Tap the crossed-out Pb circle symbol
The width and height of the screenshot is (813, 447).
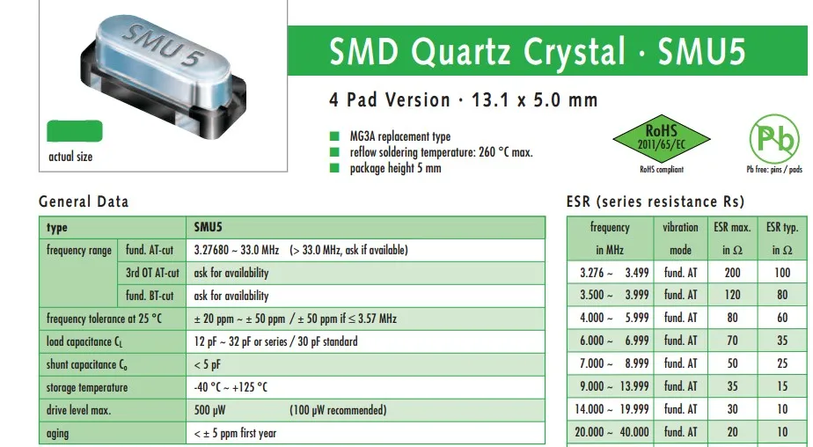click(x=774, y=139)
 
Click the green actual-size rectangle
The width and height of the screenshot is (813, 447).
click(x=75, y=132)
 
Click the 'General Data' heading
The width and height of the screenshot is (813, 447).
click(x=84, y=202)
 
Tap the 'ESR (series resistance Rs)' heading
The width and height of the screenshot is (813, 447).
click(x=656, y=202)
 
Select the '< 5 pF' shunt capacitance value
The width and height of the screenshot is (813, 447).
click(x=208, y=364)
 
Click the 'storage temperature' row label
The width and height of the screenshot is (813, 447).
click(x=87, y=387)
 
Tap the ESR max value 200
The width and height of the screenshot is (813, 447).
click(x=732, y=273)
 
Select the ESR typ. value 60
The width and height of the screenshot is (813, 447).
click(x=782, y=318)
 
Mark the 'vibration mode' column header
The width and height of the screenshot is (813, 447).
click(x=680, y=238)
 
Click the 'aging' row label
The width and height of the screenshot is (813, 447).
click(x=58, y=433)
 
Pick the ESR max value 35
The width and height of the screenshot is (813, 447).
click(x=732, y=386)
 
